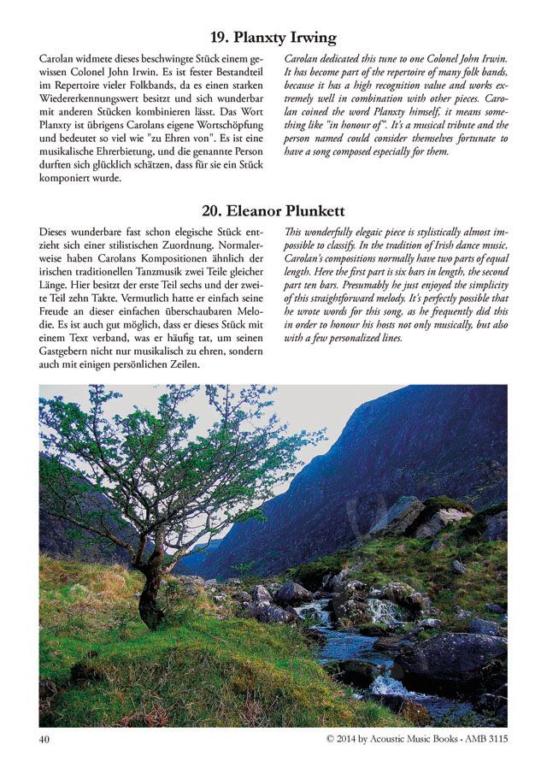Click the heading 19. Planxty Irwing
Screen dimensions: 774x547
(273, 37)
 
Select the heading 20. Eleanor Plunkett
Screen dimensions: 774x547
(273, 210)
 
